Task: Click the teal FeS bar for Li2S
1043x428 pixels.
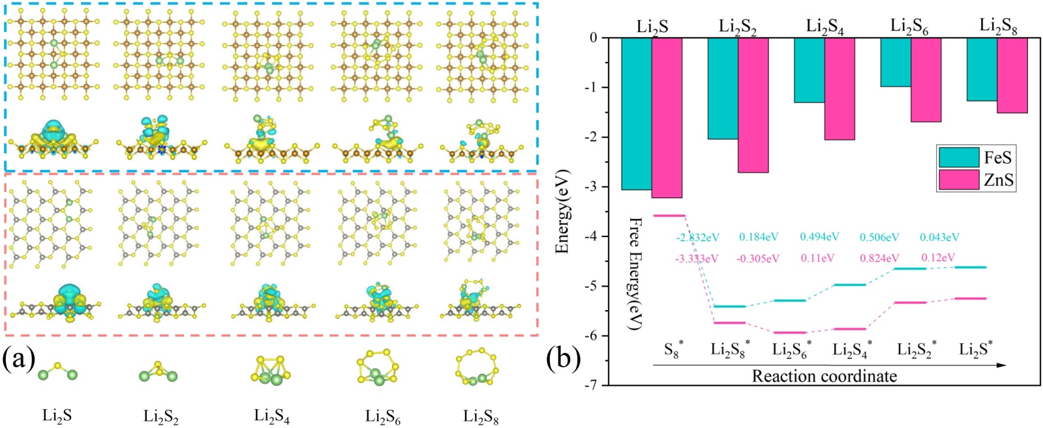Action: coord(636,113)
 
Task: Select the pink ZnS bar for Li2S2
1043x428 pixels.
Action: coord(753,105)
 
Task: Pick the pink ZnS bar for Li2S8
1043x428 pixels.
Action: coord(1012,75)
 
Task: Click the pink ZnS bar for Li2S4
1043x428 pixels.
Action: coord(839,89)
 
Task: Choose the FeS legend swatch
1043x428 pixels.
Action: coord(959,157)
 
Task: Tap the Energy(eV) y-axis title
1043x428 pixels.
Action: coord(563,211)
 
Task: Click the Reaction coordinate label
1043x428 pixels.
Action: coord(824,376)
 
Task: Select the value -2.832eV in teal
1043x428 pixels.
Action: coord(697,238)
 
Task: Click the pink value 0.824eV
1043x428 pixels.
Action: coord(879,258)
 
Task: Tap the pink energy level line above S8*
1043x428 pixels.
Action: coord(669,215)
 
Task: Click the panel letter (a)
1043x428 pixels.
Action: coord(18,360)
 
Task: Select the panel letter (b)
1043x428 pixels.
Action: coord(562,360)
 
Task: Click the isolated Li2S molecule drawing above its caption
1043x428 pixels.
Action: coord(57,371)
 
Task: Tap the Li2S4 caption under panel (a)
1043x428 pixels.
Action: coord(272,416)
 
